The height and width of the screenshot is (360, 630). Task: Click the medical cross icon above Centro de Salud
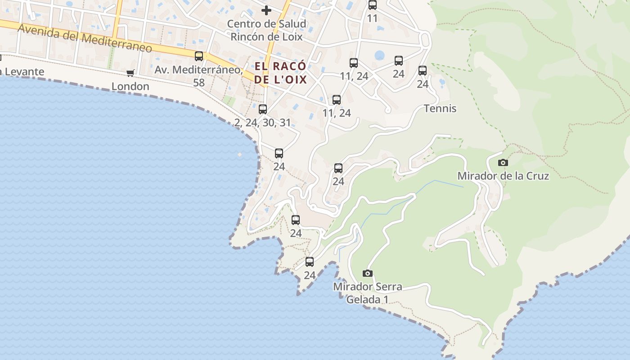(266, 10)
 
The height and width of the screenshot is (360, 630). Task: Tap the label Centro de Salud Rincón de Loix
(266, 30)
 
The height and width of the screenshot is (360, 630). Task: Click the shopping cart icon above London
(130, 73)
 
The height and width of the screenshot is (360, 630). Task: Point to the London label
(130, 86)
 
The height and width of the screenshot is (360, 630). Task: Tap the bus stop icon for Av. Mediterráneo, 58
(198, 56)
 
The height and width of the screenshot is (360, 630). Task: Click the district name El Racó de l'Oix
(280, 73)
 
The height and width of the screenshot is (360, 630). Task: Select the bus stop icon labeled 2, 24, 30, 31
(263, 109)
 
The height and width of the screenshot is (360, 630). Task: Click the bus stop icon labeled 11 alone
(372, 5)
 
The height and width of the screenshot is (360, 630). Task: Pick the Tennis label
(440, 108)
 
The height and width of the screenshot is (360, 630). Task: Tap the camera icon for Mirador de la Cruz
(503, 162)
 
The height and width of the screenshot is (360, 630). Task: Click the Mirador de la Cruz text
(503, 176)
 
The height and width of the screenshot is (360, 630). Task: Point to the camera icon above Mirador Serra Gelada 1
(368, 273)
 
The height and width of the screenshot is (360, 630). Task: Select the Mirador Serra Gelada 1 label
(367, 292)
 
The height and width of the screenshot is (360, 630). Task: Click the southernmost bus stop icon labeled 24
(310, 262)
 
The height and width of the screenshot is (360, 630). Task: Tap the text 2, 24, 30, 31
(263, 122)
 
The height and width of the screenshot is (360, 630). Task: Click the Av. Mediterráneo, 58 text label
(198, 76)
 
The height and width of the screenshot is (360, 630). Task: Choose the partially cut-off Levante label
(22, 72)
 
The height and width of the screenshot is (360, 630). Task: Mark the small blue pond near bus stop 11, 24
(380, 55)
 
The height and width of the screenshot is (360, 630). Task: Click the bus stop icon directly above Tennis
(422, 71)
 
